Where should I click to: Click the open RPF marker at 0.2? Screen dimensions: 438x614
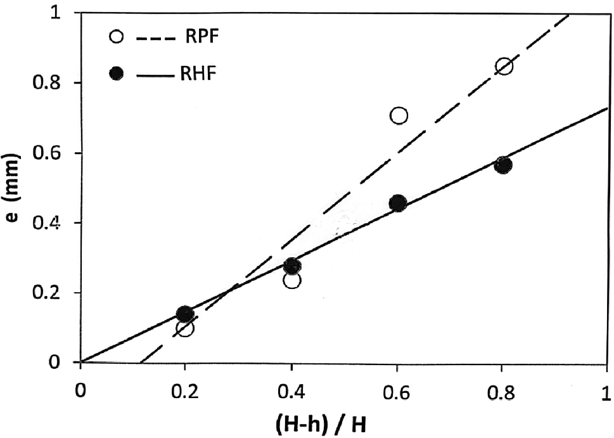[x=185, y=328]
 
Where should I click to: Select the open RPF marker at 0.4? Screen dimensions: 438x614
[x=292, y=280]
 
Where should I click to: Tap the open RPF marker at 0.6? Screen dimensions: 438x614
[x=399, y=115]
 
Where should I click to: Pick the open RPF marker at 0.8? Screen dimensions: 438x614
[x=504, y=67]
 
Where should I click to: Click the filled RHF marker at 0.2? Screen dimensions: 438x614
[x=184, y=314]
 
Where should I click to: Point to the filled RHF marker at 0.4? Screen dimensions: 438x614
[x=291, y=266]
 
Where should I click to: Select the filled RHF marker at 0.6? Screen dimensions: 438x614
[x=398, y=203]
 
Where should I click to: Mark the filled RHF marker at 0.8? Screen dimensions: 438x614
[x=504, y=165]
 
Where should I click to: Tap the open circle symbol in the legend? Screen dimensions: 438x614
[x=115, y=37]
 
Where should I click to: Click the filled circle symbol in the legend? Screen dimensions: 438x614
[x=115, y=74]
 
